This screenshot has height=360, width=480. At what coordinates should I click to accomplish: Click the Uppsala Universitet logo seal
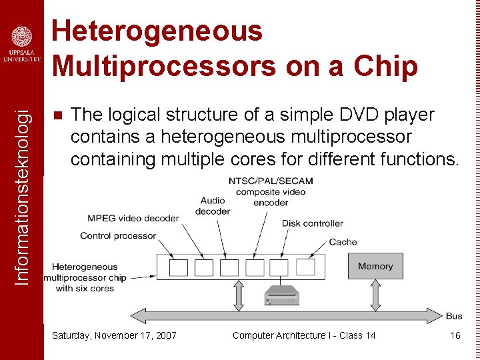point(21,37)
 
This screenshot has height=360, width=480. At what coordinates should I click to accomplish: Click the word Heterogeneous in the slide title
point(157,31)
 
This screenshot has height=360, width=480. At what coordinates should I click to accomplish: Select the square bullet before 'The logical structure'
point(57,115)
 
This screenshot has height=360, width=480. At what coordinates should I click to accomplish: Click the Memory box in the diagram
point(375,266)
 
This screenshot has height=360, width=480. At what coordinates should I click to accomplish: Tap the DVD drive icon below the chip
point(282,295)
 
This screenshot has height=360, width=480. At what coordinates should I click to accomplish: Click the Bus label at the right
point(454,316)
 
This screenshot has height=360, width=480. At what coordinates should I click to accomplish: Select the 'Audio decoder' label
point(213,206)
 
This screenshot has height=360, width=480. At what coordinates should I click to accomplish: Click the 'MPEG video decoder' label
point(133,218)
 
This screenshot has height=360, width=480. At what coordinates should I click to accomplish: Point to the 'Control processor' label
point(118,235)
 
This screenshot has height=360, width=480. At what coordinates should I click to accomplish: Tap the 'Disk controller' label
point(312,223)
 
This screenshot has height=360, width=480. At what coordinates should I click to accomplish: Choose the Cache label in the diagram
point(343,242)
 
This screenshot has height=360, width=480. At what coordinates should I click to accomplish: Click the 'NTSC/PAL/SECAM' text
point(271,181)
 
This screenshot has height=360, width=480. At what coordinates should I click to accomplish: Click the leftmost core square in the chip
point(179,267)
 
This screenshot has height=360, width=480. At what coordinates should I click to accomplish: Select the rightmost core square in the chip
point(305,267)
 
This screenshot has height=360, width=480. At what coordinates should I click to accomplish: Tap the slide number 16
point(455,335)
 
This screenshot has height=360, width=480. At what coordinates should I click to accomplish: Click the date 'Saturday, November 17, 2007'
point(114,335)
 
